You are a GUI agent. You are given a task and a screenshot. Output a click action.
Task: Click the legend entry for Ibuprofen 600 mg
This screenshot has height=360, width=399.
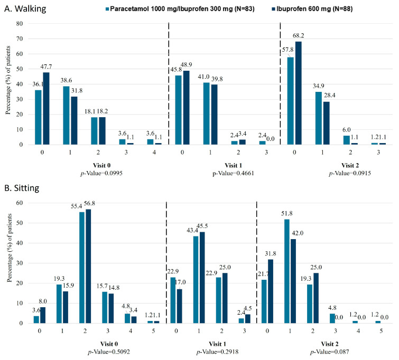(312, 9)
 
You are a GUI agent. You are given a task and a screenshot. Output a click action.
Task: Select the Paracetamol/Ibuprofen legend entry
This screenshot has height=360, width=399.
(180, 9)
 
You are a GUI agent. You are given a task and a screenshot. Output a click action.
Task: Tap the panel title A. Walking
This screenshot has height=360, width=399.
(25, 8)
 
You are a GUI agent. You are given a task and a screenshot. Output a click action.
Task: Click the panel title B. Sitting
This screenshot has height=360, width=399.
(22, 188)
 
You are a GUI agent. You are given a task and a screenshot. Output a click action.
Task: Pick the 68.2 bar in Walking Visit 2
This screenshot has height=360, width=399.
(298, 93)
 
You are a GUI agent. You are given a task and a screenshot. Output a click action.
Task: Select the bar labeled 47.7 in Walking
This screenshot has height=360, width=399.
(46, 109)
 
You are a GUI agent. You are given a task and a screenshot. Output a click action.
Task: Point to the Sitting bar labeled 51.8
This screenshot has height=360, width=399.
(287, 271)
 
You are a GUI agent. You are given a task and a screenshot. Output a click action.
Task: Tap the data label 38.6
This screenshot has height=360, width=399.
(66, 80)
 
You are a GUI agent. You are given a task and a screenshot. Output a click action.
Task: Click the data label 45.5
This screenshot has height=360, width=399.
(202, 226)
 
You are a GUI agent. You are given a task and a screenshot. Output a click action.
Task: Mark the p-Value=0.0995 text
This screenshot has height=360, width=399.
(101, 173)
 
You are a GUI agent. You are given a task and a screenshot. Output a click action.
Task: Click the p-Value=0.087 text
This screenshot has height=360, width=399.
(330, 352)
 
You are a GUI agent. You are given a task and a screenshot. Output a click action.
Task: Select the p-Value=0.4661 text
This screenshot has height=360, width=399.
(234, 173)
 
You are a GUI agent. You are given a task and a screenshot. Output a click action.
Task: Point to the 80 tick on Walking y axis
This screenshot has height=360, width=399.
(20, 24)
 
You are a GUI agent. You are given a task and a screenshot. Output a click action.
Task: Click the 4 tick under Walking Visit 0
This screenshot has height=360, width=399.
(154, 153)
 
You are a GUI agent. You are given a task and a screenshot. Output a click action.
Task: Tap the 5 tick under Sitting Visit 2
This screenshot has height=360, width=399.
(381, 331)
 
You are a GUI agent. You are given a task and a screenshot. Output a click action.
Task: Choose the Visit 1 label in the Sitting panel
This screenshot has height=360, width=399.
(217, 344)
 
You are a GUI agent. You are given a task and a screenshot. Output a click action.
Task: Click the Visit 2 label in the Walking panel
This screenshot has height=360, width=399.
(350, 166)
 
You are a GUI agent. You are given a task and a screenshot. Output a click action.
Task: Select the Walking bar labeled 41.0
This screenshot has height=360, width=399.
(207, 113)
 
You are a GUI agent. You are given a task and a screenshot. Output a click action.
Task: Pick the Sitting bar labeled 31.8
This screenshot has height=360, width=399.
(271, 291)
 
